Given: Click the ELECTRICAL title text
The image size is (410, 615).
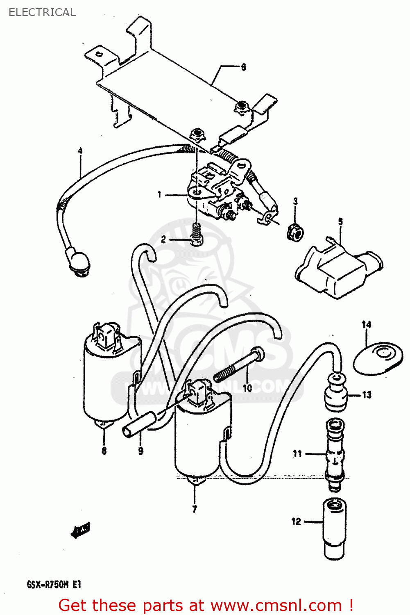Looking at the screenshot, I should click(42, 12).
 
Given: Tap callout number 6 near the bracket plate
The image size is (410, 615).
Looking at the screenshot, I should click(243, 67).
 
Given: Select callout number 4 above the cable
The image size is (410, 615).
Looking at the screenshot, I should click(80, 151).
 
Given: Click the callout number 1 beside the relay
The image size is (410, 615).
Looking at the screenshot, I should click(159, 194).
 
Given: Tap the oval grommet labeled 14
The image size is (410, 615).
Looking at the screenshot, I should click(378, 359).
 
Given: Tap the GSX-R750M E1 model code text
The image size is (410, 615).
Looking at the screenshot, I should click(54, 584).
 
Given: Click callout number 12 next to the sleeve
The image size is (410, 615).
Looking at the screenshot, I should click(296, 522).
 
